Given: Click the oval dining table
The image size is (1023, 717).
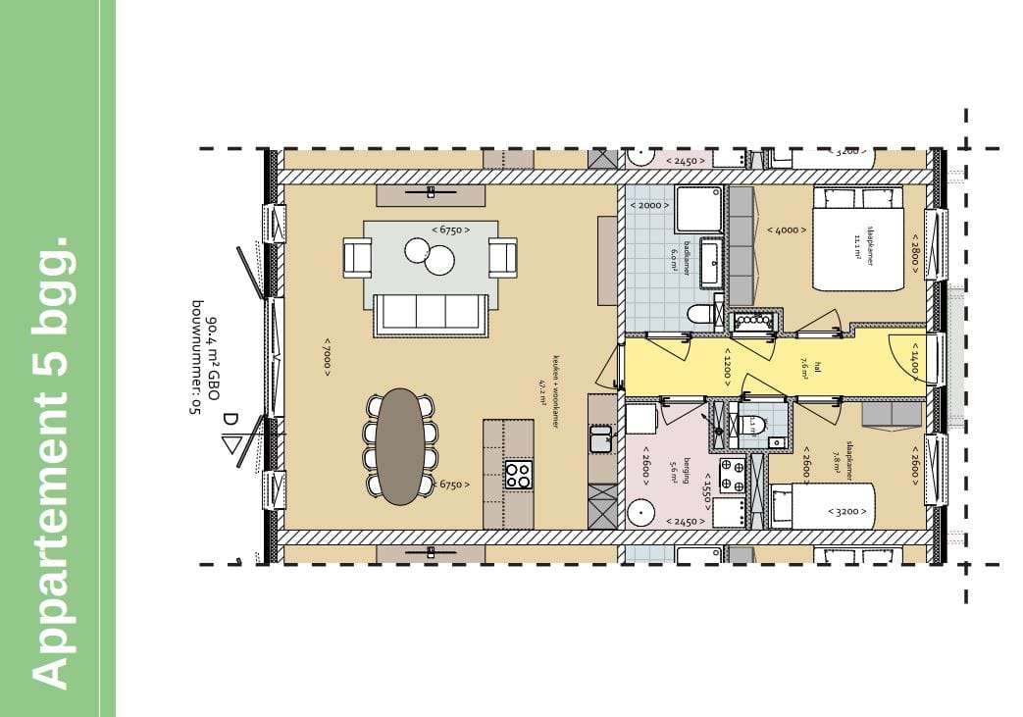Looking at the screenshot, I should (x=401, y=446).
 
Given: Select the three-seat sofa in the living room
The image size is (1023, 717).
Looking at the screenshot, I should (x=432, y=312).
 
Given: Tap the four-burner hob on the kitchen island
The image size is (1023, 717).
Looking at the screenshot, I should (x=518, y=475).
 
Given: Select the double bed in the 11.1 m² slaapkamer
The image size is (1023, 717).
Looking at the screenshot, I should (x=856, y=238).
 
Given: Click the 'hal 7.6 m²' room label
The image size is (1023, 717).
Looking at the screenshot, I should (x=802, y=365).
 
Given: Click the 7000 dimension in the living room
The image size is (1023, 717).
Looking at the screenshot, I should (x=326, y=354).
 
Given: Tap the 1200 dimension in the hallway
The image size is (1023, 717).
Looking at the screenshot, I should (x=727, y=366).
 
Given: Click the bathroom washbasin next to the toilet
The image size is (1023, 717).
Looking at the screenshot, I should (x=711, y=262).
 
